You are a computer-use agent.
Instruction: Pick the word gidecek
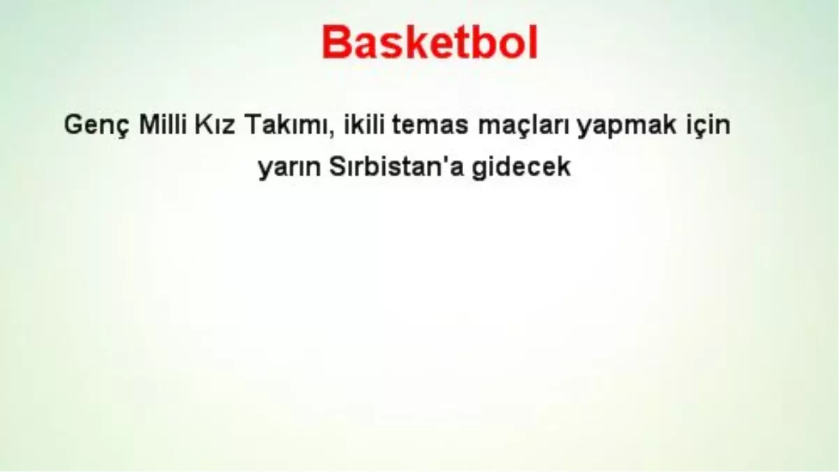coord(521,167)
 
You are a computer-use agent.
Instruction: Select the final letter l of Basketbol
coord(534,42)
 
